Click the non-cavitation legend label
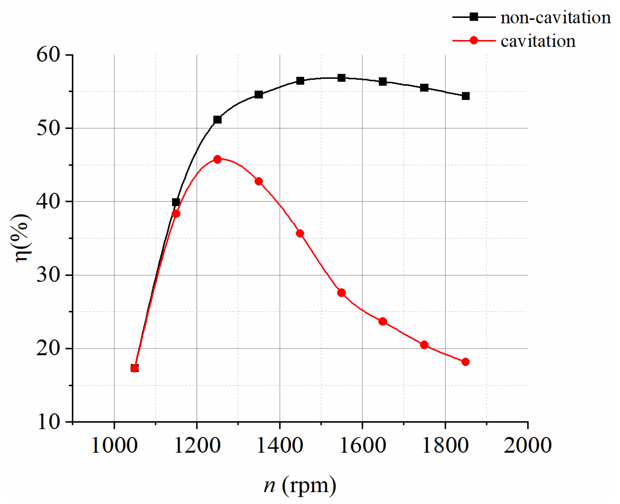(x=555, y=17)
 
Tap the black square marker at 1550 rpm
(x=341, y=78)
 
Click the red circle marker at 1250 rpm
(x=217, y=159)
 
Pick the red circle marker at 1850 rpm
(x=465, y=362)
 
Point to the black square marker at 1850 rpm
(x=466, y=96)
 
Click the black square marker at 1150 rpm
(x=176, y=202)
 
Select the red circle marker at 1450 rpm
(x=300, y=233)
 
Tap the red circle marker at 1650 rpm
(x=382, y=322)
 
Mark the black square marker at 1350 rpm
(x=259, y=95)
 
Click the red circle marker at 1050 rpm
(x=134, y=368)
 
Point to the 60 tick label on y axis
(x=48, y=55)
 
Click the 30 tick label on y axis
(x=48, y=275)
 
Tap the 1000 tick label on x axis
(x=114, y=445)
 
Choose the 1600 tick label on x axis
(x=362, y=445)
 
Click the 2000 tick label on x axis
(x=527, y=445)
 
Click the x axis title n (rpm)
(x=300, y=485)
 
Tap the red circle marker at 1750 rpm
(x=424, y=345)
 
